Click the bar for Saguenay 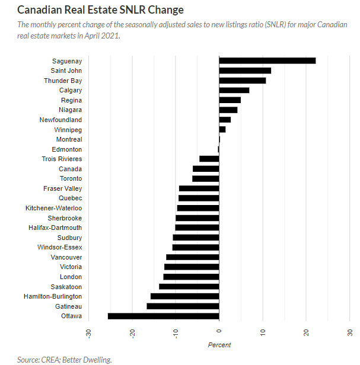tap(267, 60)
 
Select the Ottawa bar tap(163, 316)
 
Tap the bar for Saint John tap(245, 71)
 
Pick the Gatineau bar tap(183, 306)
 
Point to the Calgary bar tap(234, 90)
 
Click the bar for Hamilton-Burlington tap(184, 296)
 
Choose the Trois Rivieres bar tap(209, 159)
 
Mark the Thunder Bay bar tap(242, 80)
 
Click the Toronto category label tap(71, 178)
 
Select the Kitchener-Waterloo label tap(54, 208)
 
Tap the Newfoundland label tap(61, 120)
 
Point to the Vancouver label tap(66, 257)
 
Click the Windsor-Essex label tap(60, 247)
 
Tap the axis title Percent tap(219, 345)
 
